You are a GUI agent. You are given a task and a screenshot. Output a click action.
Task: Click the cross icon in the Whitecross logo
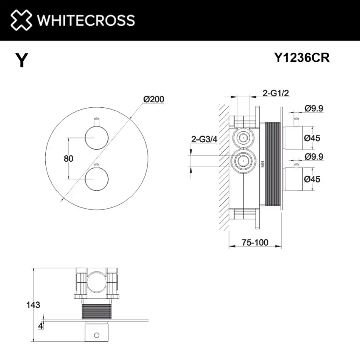click(x=21, y=20)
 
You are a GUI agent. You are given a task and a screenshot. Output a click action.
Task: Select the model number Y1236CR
click(x=302, y=58)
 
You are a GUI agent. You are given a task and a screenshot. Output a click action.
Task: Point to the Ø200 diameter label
click(x=153, y=99)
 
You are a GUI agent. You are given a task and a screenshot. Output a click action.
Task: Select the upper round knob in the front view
click(x=96, y=137)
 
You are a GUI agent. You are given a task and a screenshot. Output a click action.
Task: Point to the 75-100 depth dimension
click(x=255, y=242)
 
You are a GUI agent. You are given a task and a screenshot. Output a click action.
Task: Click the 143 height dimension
click(x=33, y=305)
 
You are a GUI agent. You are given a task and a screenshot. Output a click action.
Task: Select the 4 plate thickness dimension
click(x=40, y=326)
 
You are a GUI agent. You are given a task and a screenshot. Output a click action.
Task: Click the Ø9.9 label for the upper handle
click(x=314, y=108)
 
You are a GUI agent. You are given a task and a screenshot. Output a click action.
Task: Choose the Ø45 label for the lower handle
click(x=312, y=179)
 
